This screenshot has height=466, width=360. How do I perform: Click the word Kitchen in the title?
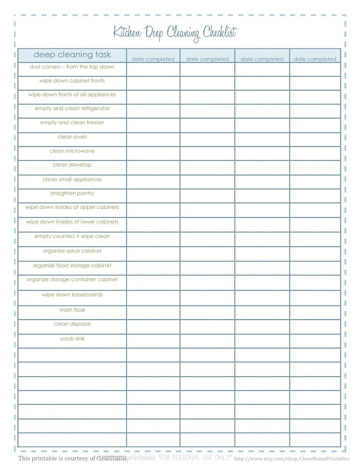point(127,33)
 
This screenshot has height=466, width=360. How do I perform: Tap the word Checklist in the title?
point(220,32)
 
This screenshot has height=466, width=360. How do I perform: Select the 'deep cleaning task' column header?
point(72,55)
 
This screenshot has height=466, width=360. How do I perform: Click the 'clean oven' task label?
point(72,137)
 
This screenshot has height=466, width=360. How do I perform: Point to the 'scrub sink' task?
point(72,339)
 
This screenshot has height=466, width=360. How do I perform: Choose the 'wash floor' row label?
point(72,310)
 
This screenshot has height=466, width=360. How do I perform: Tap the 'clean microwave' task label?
point(72,151)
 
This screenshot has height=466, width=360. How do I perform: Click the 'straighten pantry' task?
point(72,194)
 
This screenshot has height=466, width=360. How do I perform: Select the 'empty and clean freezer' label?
point(72,123)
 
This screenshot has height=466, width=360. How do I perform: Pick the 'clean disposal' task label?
point(72,324)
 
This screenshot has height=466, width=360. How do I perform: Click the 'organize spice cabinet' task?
point(72,251)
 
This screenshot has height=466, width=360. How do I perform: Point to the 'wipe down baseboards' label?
point(72,295)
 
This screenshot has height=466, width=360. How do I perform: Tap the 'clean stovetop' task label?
point(72,165)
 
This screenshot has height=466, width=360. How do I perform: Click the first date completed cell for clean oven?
point(153,139)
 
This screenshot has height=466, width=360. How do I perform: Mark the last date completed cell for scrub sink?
point(315,341)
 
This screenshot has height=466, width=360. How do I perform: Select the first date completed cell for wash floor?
point(153,313)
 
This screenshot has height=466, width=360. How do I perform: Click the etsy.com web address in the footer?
point(292,459)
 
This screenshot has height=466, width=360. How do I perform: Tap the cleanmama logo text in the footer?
point(111,458)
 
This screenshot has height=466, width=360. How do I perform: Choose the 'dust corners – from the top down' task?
point(72,67)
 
